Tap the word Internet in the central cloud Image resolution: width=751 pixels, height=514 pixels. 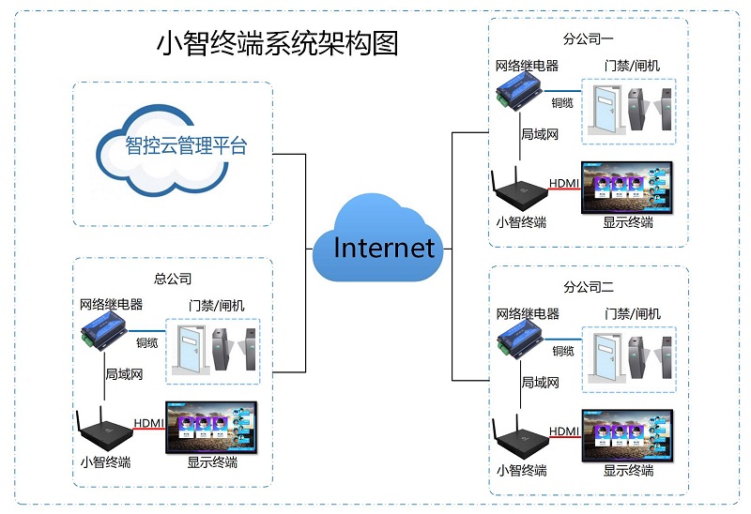click(x=384, y=247)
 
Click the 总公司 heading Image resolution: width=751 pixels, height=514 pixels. click(x=173, y=279)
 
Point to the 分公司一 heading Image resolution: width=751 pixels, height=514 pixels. click(x=588, y=40)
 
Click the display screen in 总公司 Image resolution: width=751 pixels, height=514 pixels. click(x=211, y=428)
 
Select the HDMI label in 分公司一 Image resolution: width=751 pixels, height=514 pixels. click(x=563, y=182)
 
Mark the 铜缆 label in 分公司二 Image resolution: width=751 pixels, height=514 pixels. click(x=562, y=351)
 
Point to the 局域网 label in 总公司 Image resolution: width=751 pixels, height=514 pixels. click(x=124, y=374)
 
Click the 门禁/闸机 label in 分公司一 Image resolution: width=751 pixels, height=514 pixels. click(x=633, y=66)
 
